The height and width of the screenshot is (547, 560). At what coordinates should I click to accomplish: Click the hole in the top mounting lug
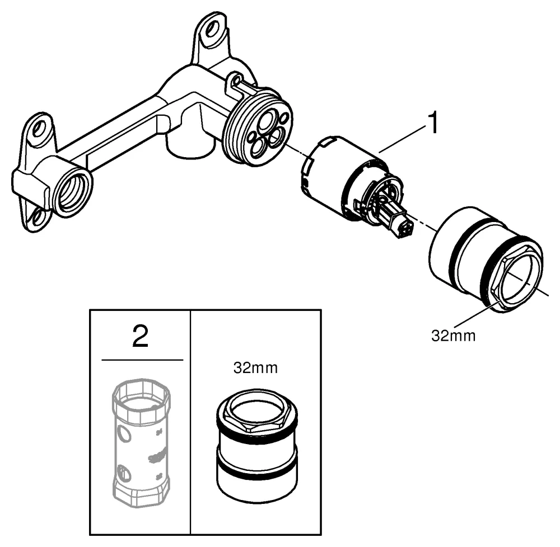213,29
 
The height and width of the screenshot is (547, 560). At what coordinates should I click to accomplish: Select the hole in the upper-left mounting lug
39,130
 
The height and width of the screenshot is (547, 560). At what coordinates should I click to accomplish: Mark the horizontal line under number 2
142,360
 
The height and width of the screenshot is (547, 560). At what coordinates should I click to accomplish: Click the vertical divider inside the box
191,419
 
